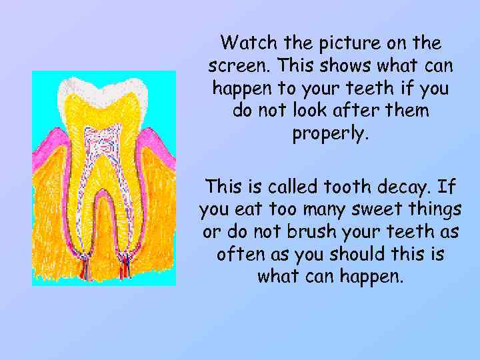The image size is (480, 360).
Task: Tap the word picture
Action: [355, 44]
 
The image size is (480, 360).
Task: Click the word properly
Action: [331, 134]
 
